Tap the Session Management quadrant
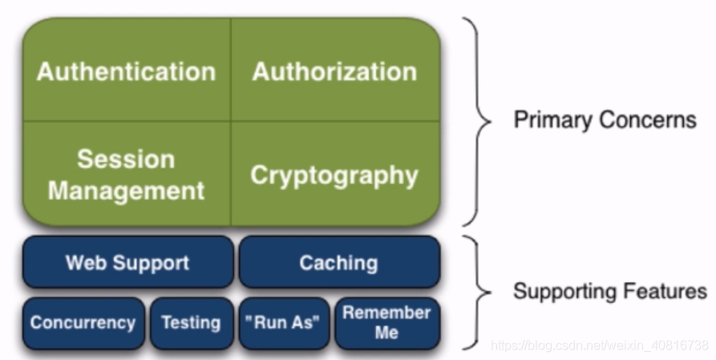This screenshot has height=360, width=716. coord(127,174)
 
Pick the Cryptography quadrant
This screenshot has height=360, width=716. coord(335,175)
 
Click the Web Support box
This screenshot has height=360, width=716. coord(127,262)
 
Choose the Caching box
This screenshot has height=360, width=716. coord(339,262)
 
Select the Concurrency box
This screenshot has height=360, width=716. coord(83,323)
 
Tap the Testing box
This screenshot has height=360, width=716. coord(191,323)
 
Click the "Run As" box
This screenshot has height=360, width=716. coord(285,323)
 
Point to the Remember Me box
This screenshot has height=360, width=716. coord(386,322)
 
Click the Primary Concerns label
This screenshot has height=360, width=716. coord(605,120)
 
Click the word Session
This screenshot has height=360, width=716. coord(126,159)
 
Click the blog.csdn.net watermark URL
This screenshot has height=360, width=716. coord(599,346)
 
